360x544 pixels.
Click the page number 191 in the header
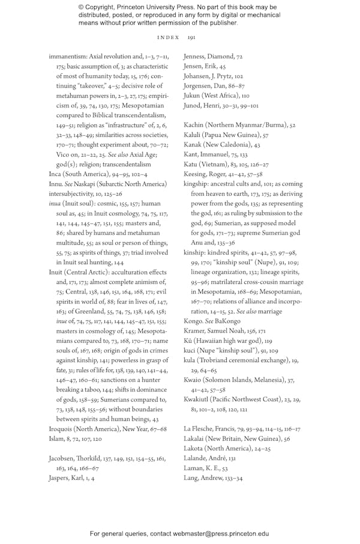[191, 37]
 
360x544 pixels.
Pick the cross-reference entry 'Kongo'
[194, 321]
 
